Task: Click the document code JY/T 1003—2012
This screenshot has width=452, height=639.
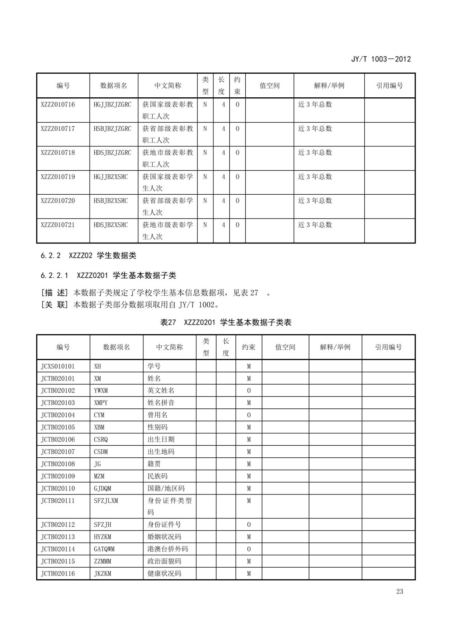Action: [x=381, y=59]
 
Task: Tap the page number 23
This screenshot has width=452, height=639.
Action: [x=399, y=592]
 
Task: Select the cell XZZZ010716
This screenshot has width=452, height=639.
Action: [x=58, y=105]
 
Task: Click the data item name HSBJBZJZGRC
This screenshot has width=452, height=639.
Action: [x=112, y=129]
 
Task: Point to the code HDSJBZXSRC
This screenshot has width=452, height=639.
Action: [x=111, y=225]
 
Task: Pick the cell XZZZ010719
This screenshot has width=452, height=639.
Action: [x=58, y=177]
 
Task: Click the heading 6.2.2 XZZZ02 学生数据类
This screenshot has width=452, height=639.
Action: [x=88, y=255]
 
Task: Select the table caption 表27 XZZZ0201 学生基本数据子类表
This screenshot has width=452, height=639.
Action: [x=225, y=322]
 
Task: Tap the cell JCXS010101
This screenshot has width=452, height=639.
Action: [x=58, y=366]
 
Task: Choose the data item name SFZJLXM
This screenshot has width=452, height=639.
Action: [x=106, y=501]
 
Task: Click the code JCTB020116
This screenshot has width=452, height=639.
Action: [x=58, y=573]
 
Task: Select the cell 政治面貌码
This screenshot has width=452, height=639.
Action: [x=164, y=561]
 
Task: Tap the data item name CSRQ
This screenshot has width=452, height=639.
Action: [x=101, y=440]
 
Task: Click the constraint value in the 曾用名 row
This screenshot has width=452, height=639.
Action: [x=249, y=415]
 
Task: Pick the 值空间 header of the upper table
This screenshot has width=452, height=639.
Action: [x=270, y=86]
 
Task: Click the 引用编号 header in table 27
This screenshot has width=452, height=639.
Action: [x=388, y=347]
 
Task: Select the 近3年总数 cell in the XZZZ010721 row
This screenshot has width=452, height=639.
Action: [x=315, y=225]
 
